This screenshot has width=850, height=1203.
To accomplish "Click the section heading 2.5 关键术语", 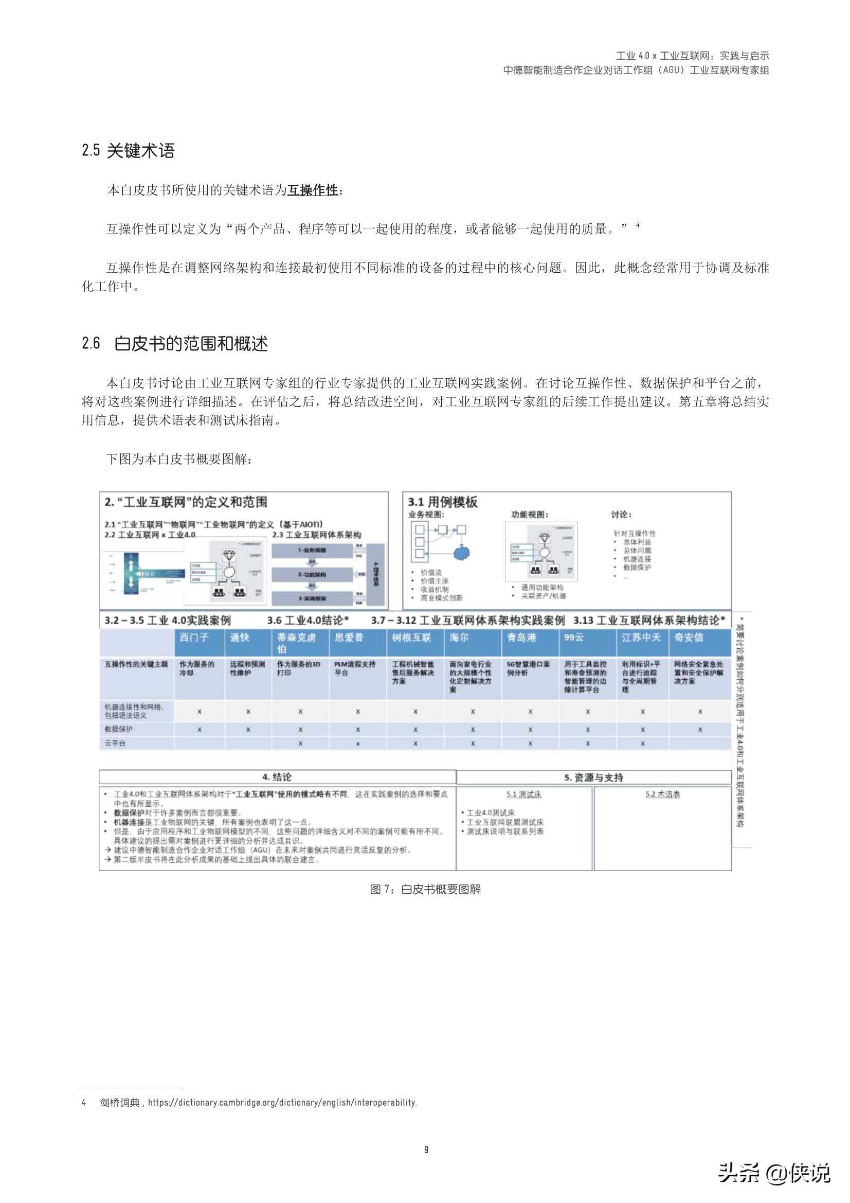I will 129,151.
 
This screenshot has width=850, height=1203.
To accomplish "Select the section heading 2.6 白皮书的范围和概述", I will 175,344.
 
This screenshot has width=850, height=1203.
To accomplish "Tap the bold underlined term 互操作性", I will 313,190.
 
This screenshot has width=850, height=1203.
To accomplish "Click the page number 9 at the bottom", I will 426,1149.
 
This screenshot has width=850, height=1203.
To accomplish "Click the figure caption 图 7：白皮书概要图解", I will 425,889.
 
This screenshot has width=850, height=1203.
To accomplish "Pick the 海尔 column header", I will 459,638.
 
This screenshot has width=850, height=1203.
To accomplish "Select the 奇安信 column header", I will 689,638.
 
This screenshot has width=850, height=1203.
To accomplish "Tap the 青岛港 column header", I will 521,638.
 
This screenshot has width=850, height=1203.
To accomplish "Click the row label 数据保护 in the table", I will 119,729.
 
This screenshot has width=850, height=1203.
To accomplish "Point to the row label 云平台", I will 115,743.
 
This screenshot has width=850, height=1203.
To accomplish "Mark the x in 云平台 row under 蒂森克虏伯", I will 300,744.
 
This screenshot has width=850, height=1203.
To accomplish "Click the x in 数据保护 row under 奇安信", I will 700,729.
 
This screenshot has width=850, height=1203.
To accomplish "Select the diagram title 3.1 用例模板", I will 443,502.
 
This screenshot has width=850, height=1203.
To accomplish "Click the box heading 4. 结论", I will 277,777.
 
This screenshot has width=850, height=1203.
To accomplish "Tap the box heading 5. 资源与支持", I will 593,777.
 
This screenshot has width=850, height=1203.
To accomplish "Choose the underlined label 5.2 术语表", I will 662,794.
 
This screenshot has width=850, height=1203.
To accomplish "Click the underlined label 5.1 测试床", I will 523,794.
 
